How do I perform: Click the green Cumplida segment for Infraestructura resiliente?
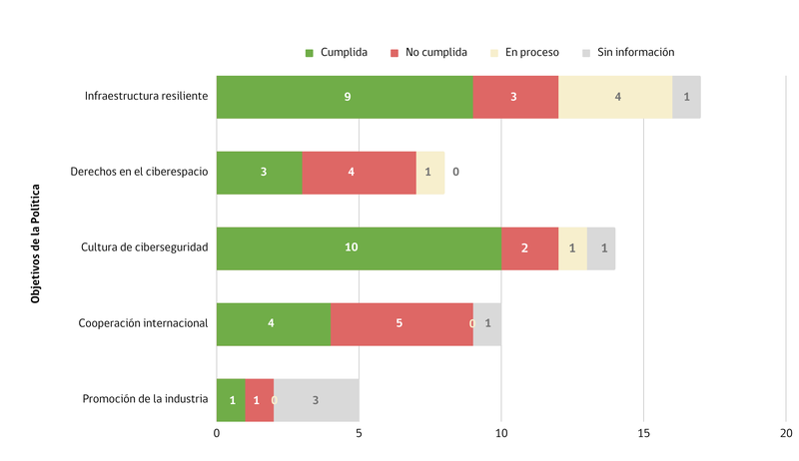coord(345,97)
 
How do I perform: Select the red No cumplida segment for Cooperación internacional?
coord(401,323)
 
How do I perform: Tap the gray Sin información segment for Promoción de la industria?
coord(316,399)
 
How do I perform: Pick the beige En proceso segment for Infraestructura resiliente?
coord(615,97)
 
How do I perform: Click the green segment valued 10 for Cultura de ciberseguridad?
coord(359,247)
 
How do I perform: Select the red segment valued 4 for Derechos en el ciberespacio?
coord(359,172)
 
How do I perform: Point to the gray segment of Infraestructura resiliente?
coord(686,97)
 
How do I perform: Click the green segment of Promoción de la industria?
coord(231,399)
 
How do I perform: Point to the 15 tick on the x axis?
coord(643,433)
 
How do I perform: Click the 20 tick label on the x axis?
coord(786,433)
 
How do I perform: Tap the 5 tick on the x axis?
coord(359,433)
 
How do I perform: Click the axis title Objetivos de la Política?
coord(36,242)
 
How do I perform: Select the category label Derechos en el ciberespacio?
coord(139,172)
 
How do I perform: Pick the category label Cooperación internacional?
coord(143,323)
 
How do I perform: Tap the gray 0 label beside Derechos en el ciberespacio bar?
coord(455,172)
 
